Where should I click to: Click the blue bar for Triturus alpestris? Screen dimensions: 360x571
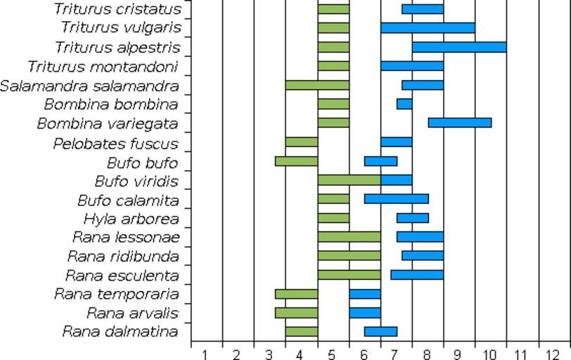coord(459,47)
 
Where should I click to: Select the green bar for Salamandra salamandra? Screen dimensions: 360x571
coord(317,85)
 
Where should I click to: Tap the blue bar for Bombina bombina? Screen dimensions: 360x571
coord(404,104)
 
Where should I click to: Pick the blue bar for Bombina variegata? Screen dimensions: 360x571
coord(459,123)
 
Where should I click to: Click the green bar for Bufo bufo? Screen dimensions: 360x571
coord(296,161)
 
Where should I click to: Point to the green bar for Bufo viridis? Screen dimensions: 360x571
coord(349,180)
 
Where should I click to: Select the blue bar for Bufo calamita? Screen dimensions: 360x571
coord(396,199)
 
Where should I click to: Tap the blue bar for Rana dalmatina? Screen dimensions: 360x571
coord(380,332)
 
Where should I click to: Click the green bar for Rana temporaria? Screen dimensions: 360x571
coord(296,294)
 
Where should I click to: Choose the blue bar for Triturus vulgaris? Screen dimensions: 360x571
coord(428,28)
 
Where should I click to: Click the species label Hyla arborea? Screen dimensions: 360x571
coord(131,219)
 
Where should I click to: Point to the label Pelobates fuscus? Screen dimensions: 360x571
coord(115,144)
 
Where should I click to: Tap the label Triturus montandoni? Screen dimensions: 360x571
coord(103,67)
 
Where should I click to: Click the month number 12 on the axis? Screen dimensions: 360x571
coord(553,354)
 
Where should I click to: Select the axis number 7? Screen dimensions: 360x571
coord(395,354)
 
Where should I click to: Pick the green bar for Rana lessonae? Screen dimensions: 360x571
coord(349,237)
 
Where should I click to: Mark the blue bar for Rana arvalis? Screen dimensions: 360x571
coord(365,313)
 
